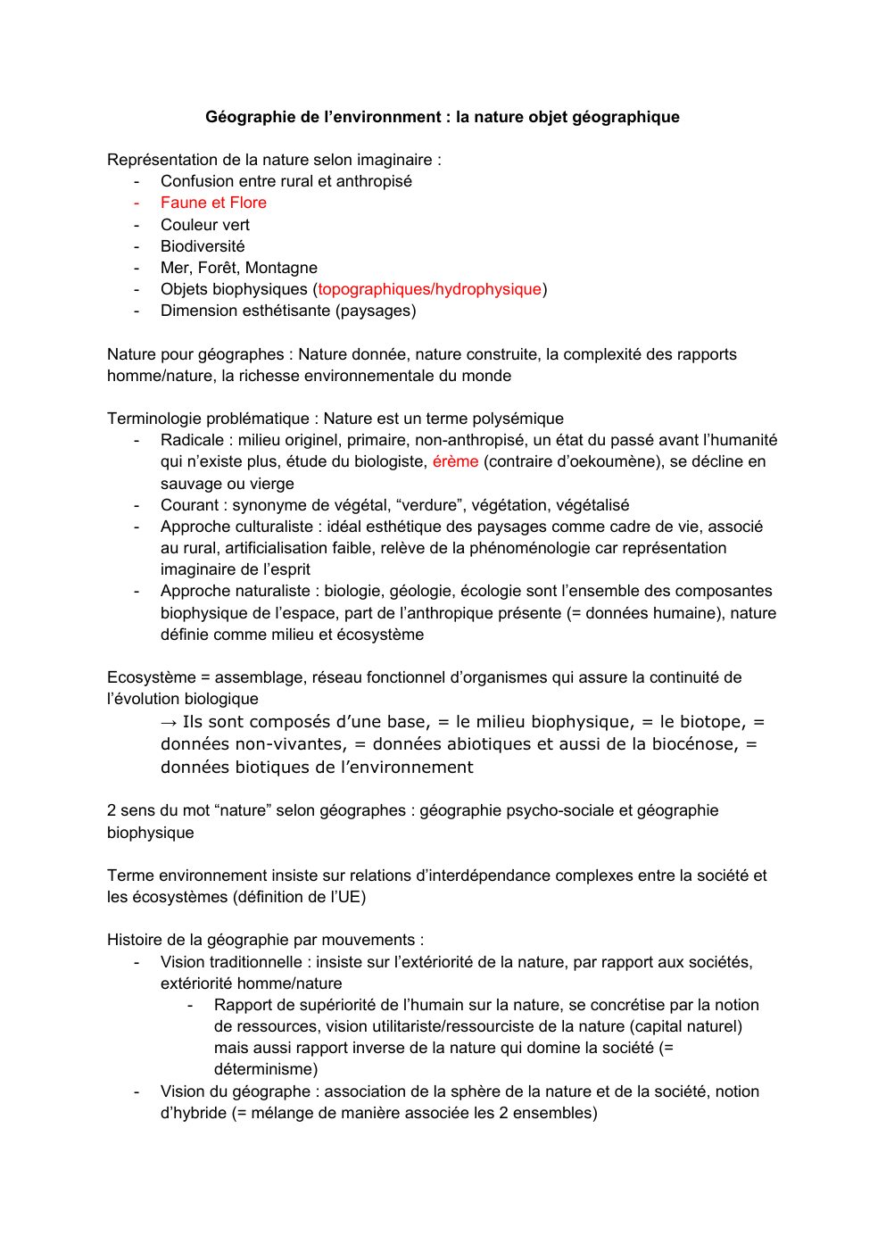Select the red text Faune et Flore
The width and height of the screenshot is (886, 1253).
pyautogui.click(x=213, y=203)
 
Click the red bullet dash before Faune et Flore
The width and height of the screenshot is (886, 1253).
pyautogui.click(x=137, y=203)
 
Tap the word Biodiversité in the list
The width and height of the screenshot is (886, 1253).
pyautogui.click(x=203, y=246)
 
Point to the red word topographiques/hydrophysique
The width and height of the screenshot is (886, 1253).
pyautogui.click(x=429, y=289)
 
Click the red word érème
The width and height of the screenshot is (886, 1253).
pyautogui.click(x=455, y=461)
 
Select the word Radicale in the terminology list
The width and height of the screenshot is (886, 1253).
pyautogui.click(x=192, y=440)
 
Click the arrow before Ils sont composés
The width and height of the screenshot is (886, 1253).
pyautogui.click(x=169, y=722)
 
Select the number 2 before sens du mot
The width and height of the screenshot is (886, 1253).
pyautogui.click(x=112, y=810)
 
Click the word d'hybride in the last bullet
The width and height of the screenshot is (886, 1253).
pyautogui.click(x=194, y=1113)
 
